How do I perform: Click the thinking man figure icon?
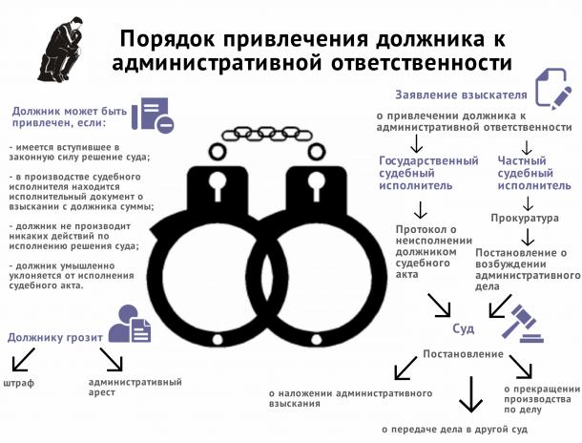coord(61,51)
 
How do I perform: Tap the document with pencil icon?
coord(553,89)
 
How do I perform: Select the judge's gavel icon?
coord(522,323)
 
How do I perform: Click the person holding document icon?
coord(130,324)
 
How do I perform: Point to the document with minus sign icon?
coord(153,114)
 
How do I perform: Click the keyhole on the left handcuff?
coord(218,185)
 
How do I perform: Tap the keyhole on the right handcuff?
coord(316,185)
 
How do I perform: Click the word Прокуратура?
coord(525,218)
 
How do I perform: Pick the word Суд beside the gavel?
coord(464,328)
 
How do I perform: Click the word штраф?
coord(18,383)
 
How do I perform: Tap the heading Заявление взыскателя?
coord(461,95)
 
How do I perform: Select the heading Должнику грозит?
coord(55,338)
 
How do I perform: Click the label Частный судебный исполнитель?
coord(534,173)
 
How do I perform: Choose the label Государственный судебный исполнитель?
coord(428,173)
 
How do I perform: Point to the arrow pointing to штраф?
coord(24,359)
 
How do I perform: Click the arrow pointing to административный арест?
coord(111,359)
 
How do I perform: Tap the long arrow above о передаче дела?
coord(471,394)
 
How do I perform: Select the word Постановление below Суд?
coord(464,354)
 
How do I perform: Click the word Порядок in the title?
coord(167,40)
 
